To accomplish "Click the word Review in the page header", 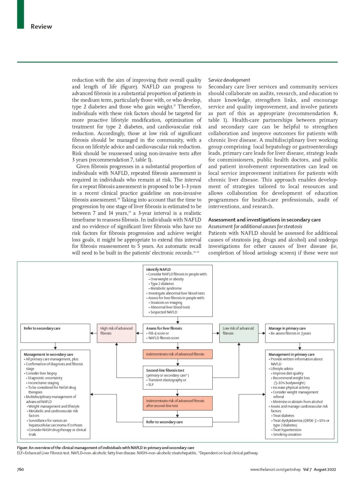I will click(41, 27).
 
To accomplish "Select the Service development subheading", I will click(229, 80).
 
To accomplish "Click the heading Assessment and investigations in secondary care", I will click(264, 220).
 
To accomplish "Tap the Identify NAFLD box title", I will click(158, 269).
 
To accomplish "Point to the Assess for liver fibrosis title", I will click(164, 328).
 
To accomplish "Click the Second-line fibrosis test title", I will click(165, 370).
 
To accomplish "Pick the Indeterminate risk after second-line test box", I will click(177, 403).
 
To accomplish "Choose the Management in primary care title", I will click(291, 354).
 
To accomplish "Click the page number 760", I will click(20, 469).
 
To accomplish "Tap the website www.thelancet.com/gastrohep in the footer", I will click(275, 470).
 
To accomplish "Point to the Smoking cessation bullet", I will click(287, 434).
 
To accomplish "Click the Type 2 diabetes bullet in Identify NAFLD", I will click(162, 284).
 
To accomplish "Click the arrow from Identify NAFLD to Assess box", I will click(178, 320).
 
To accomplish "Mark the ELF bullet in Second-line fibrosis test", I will click(151, 385).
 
